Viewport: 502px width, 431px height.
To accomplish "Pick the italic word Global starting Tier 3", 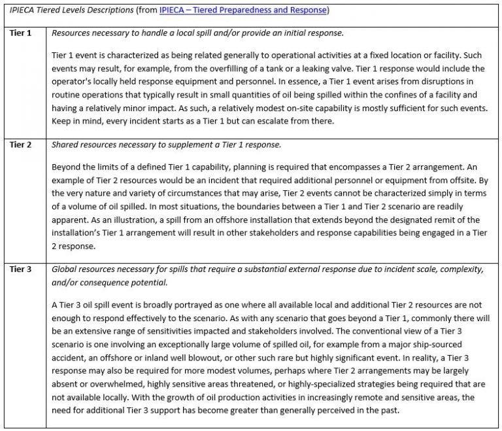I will [65, 268].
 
